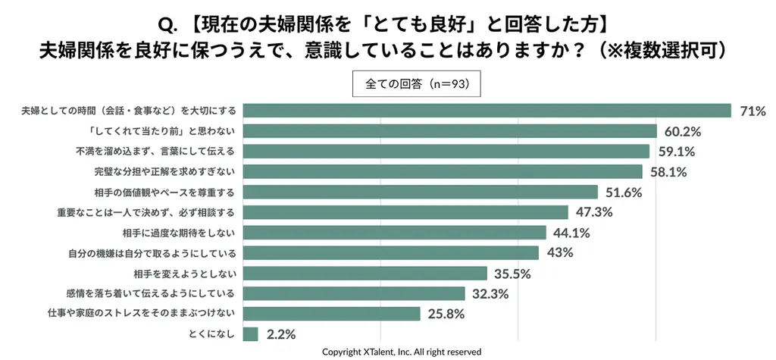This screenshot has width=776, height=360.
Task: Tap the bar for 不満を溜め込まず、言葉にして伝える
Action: click(446, 151)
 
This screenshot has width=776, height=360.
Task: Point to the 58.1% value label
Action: click(668, 172)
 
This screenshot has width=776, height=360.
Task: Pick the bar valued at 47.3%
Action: click(405, 212)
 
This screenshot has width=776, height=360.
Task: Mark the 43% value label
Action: click(559, 253)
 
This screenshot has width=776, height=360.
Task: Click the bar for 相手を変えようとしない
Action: click(365, 273)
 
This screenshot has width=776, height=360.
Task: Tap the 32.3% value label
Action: click(490, 293)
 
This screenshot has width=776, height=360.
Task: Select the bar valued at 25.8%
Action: click(332, 314)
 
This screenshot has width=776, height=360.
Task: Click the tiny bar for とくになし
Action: click(251, 333)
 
